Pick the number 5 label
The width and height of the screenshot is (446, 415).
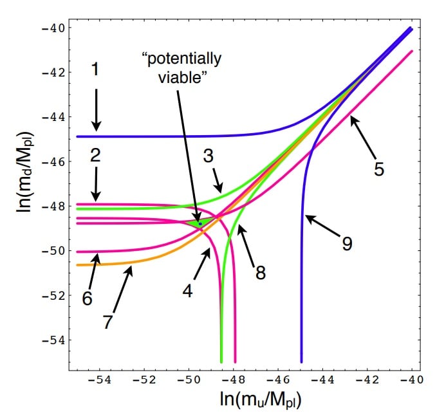tap(379, 169)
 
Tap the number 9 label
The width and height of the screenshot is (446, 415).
tap(347, 244)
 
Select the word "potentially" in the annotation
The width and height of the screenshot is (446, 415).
tap(181, 60)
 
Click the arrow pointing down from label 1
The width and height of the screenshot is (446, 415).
tap(96, 109)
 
